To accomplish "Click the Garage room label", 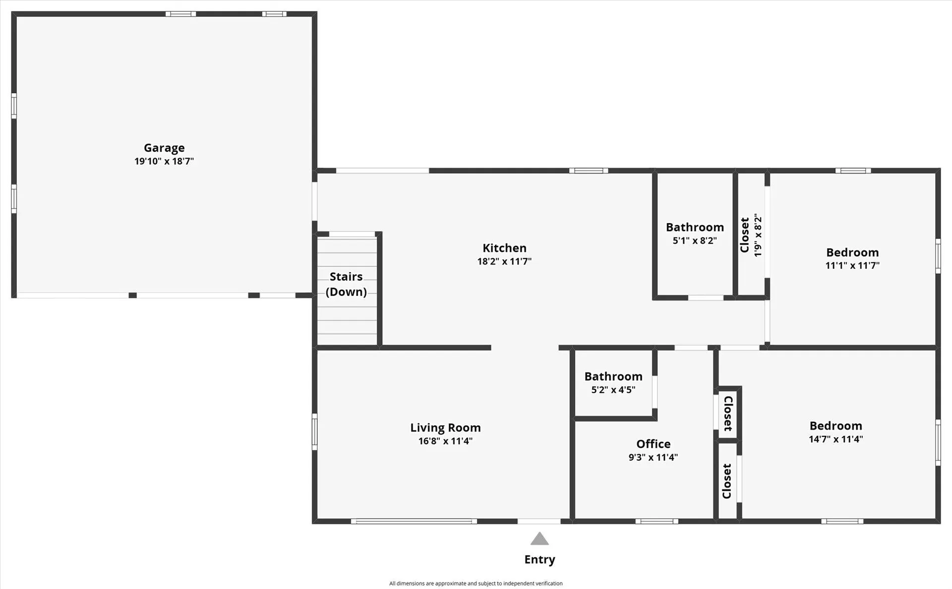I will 164,148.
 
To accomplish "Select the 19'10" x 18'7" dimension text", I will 164,161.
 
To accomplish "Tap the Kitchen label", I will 504,248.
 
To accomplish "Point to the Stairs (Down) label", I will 346,284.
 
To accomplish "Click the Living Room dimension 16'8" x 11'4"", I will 445,441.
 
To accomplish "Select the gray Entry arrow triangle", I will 539,539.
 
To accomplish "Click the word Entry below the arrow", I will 539,559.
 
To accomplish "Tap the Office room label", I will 653,444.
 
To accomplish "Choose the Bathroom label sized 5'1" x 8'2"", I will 695,227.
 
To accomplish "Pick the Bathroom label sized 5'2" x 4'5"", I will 613,376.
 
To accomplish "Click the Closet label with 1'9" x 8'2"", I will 745,235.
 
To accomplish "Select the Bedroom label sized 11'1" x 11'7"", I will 852,252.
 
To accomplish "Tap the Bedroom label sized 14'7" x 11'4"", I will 835,425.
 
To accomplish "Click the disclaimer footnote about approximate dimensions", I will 476,584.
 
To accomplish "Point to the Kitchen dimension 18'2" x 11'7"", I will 504,261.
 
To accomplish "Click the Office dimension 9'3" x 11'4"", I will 653,457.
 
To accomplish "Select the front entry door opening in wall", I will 539,521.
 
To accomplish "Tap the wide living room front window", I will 414,521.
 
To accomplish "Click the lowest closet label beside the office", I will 727,481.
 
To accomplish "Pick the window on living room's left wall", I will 314,432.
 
